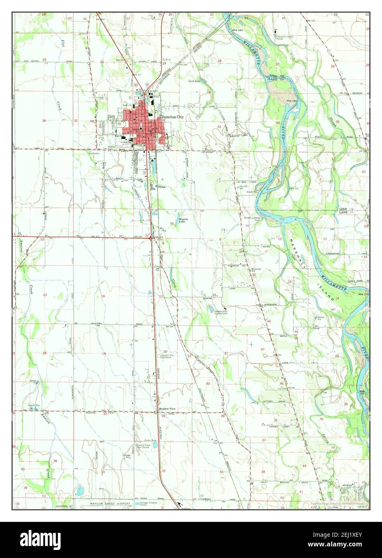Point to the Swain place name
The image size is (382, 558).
tap(161, 187)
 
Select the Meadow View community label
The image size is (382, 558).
tap(167, 409)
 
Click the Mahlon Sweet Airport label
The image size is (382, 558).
tap(111, 503)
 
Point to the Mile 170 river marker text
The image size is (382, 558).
tap(363, 294)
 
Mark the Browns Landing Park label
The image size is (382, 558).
tap(252, 219)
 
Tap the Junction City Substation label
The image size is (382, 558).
tap(167, 356)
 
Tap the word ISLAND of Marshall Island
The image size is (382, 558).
tap(325, 288)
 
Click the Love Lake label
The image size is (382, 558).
tap(195, 81)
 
